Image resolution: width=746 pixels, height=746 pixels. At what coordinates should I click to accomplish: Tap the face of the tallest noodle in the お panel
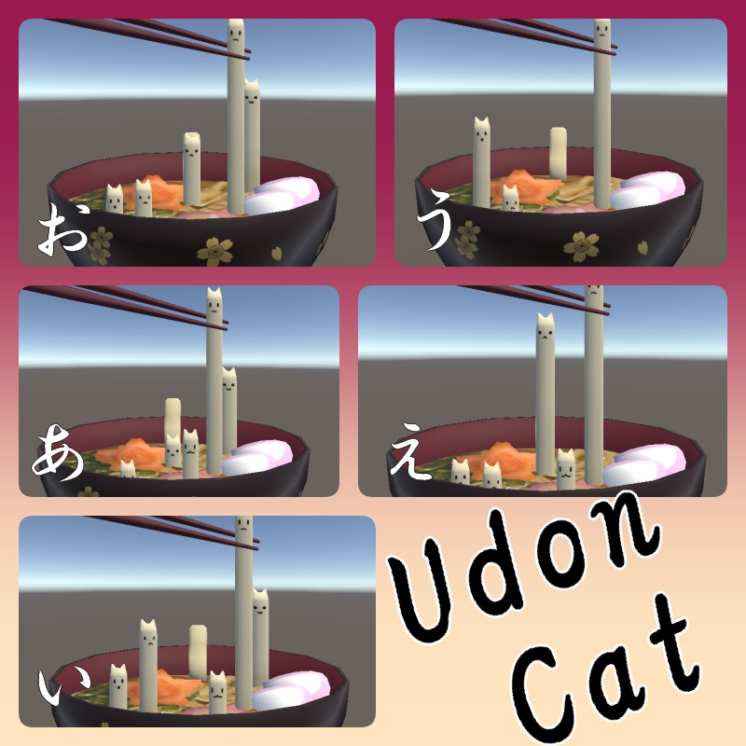(236, 37)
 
